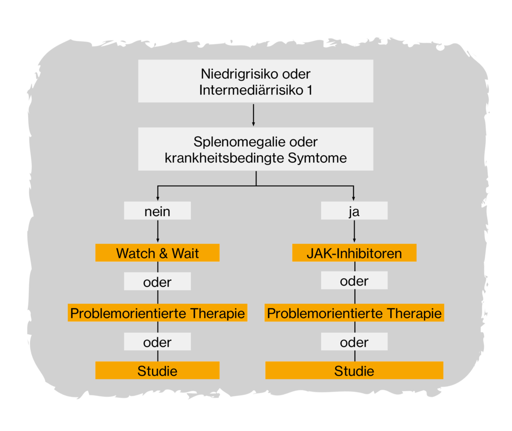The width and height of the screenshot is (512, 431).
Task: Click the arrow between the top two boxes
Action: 254,115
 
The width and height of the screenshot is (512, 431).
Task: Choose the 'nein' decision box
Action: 157,211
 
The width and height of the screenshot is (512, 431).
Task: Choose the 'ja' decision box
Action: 354,211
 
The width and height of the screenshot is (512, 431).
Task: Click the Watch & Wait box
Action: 157,253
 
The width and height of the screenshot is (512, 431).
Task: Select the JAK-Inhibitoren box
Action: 354,253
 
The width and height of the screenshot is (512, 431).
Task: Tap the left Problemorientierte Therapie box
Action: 157,313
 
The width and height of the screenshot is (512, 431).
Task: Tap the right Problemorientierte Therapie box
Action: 354,313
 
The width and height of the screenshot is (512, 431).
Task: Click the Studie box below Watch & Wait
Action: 157,371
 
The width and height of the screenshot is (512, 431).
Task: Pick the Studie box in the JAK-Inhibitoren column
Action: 354,371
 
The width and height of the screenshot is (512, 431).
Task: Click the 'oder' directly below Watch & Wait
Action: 157,282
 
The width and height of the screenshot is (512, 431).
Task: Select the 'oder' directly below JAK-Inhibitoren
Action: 354,281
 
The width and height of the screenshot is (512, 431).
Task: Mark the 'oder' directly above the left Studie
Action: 157,342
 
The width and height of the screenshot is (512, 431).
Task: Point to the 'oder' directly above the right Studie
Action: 354,342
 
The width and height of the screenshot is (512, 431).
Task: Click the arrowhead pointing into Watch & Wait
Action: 157,241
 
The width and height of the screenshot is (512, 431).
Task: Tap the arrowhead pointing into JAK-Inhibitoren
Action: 354,241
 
